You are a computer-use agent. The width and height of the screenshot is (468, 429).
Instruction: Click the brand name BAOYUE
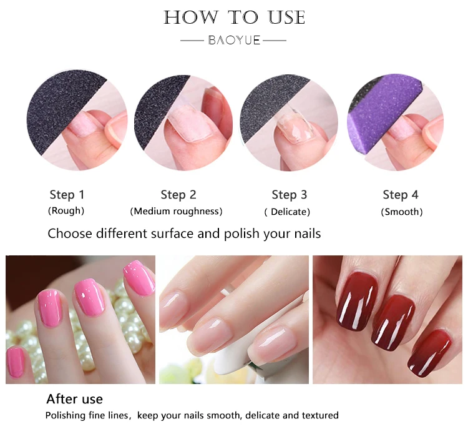click(234, 41)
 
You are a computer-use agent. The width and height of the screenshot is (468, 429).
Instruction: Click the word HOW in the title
click(191, 17)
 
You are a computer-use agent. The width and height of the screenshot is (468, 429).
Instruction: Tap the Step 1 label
click(67, 195)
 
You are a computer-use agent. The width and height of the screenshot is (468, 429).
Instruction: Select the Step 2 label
click(178, 195)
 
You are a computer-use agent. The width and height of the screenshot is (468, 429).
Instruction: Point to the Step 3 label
click(289, 195)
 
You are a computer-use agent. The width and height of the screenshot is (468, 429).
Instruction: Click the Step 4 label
click(401, 195)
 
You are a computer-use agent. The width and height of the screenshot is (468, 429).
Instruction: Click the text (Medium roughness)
click(176, 211)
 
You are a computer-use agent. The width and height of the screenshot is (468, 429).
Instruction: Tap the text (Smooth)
click(402, 212)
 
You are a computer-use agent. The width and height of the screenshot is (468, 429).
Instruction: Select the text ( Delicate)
click(287, 212)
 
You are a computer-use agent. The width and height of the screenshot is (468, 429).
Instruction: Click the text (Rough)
click(66, 210)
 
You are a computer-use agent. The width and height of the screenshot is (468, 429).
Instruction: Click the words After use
click(75, 399)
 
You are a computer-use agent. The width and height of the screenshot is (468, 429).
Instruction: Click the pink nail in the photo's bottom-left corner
click(15, 362)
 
